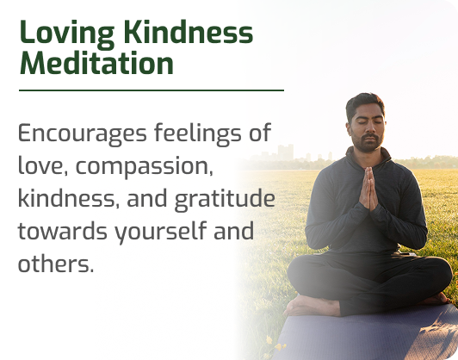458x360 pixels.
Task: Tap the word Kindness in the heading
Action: (189, 32)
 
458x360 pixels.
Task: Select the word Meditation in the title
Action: (96, 63)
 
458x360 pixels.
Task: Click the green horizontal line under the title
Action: (152, 90)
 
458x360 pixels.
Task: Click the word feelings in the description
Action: (198, 133)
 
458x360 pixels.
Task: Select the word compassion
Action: (145, 167)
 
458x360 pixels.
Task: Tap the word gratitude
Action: (225, 200)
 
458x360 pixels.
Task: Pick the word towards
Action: (63, 231)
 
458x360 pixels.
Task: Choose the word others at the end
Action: (56, 263)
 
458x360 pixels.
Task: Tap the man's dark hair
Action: (365, 104)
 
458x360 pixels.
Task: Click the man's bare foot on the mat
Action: (313, 306)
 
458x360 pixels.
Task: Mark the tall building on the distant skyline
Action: (285, 152)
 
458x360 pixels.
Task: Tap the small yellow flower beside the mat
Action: (269, 340)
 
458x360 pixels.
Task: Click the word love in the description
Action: (41, 165)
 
